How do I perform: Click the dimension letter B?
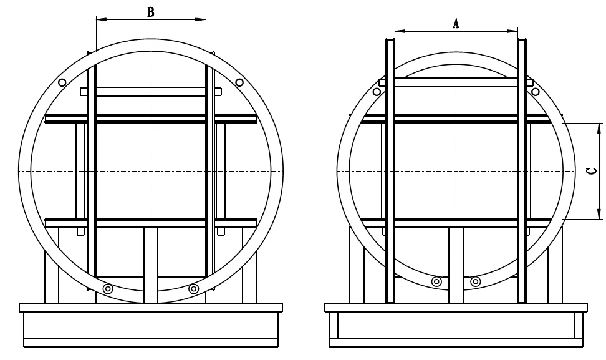pos(151,12)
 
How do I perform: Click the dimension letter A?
pos(456,23)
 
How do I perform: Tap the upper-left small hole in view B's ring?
pos(62,82)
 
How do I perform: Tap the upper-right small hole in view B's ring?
pos(239,82)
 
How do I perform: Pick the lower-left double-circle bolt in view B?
pos(108,288)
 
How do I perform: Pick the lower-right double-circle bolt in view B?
pos(193,288)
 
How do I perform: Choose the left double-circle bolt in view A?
pos(436,281)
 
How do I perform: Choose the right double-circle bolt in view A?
pos(476,281)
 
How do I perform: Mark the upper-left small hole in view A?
pos(377,92)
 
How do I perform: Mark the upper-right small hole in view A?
pos(536,92)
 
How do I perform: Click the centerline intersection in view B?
pos(151,171)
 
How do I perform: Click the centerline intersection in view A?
pos(456,171)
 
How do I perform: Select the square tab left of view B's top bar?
pos(84,92)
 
